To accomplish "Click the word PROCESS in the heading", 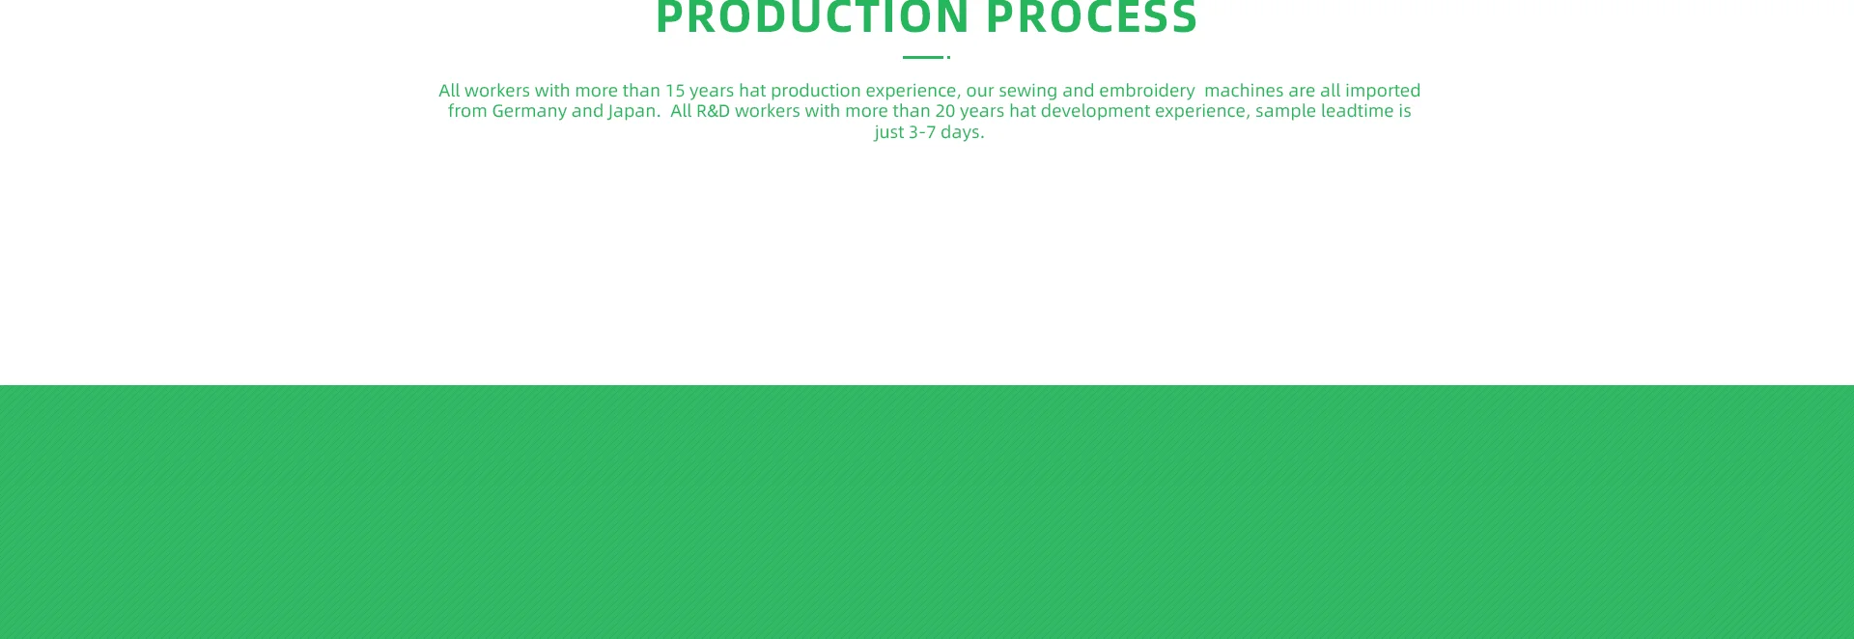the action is pos(1092,17).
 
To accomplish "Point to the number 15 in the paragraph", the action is pos(674,91).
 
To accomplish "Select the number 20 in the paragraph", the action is pos(944,111).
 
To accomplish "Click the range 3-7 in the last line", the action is pos(922,132).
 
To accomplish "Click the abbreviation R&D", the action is pos(714,111).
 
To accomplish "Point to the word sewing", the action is pos(1027,92).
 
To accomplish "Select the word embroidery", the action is pos(1147,92).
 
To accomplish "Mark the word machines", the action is pos(1244,91).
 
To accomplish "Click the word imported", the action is pos(1383,92).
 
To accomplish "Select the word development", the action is pos(1095,112).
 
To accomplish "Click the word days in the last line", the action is pos(962,133).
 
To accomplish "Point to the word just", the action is pos(888,133).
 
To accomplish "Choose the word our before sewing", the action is pos(980,92).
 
